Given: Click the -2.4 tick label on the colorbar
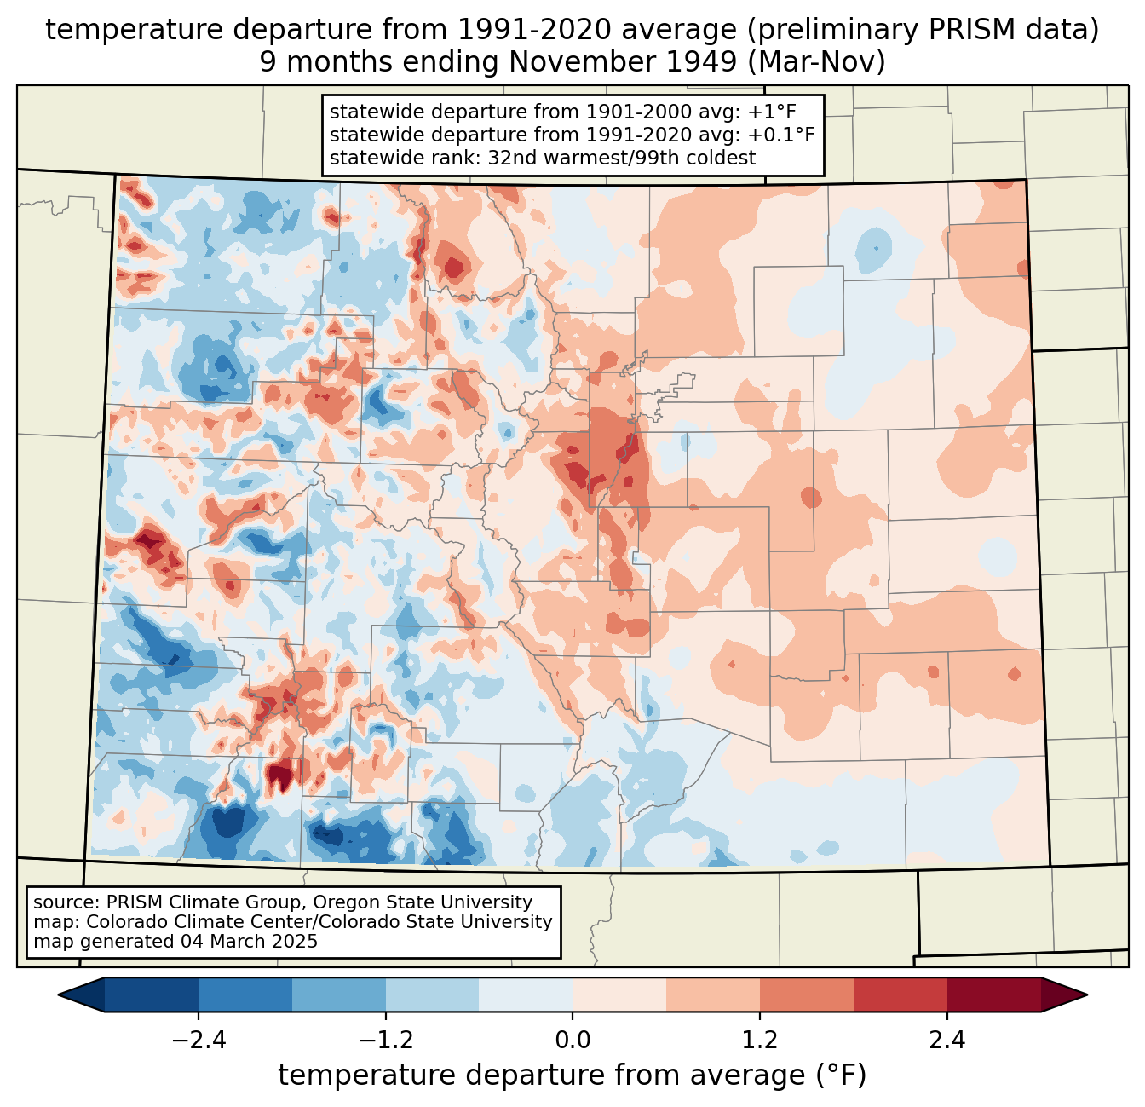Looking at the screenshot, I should point(199,1041).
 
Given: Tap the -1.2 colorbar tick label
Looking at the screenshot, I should point(385,1041).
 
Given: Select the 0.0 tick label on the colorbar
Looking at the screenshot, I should point(572,1041).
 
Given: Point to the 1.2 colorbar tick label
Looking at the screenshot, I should point(760,1041).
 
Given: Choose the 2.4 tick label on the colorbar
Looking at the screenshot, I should point(946,1041).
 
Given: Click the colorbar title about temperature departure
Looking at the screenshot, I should point(572,1075).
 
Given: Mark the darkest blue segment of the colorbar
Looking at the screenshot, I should point(152,995).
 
